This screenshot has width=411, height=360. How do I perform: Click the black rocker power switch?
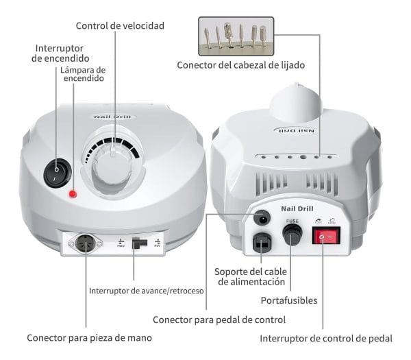click(55, 173)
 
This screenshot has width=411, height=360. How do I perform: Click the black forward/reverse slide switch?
click(139, 243)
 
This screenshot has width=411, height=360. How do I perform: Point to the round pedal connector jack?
click(261, 219)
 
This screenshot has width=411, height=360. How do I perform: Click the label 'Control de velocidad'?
click(120, 26)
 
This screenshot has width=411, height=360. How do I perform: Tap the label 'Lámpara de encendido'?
click(82, 74)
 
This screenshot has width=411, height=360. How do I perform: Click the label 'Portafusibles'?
click(289, 300)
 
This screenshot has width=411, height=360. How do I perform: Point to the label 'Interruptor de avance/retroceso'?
click(147, 290)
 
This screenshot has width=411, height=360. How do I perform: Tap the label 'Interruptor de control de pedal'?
click(326, 338)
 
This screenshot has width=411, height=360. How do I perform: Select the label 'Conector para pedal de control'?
click(219, 320)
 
